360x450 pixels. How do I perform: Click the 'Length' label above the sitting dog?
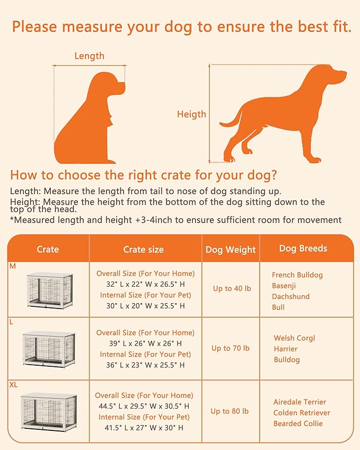pos(89,56)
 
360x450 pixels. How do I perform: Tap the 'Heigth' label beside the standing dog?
pos(191,114)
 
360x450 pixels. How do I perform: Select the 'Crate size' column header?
pos(143,249)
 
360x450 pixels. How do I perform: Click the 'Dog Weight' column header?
pos(230,250)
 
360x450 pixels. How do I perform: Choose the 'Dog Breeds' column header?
pos(303,248)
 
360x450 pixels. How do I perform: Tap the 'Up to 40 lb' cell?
pos(230,288)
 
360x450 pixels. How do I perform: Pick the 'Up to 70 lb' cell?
pos(230,348)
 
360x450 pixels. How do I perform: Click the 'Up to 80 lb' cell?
pos(230,411)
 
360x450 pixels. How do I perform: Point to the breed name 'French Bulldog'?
pos(297,275)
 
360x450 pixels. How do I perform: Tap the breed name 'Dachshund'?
pos(291,296)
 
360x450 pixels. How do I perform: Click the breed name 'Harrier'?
pos(286,349)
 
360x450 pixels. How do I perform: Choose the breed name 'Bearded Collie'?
pos(298,423)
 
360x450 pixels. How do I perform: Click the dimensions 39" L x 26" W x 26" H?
pos(145,343)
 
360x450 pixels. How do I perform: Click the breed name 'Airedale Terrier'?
pos(300,402)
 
